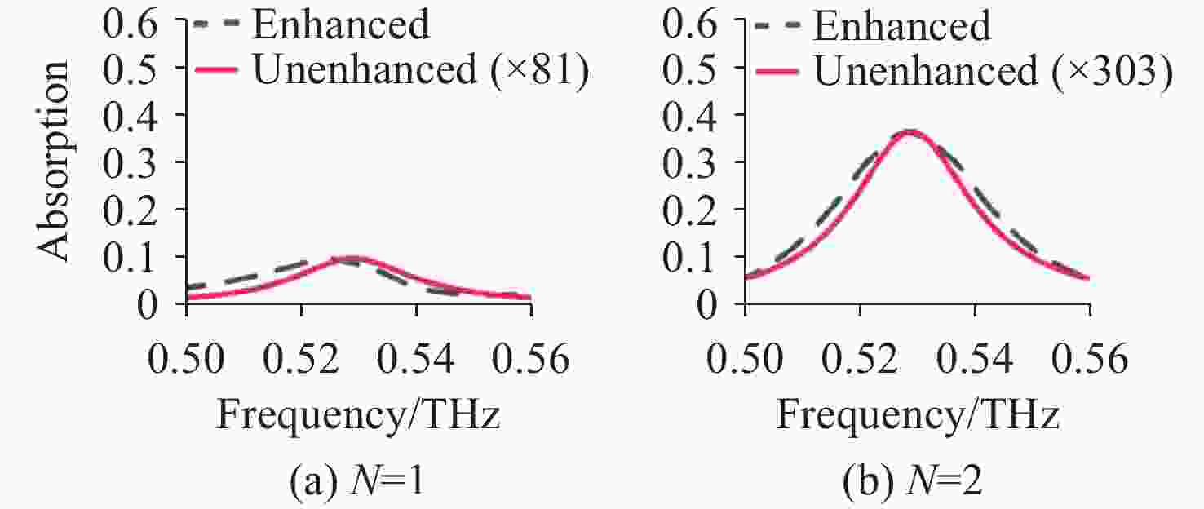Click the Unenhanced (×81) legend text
(419, 71)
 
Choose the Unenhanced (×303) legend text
(993, 71)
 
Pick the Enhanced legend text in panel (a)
(340, 25)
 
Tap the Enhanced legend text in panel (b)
(901, 25)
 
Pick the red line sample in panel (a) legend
(216, 71)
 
